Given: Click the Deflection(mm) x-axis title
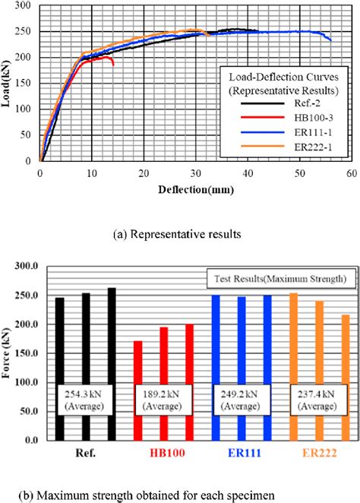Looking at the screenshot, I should (194, 186).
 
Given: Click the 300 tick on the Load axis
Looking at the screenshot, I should (27, 6).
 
